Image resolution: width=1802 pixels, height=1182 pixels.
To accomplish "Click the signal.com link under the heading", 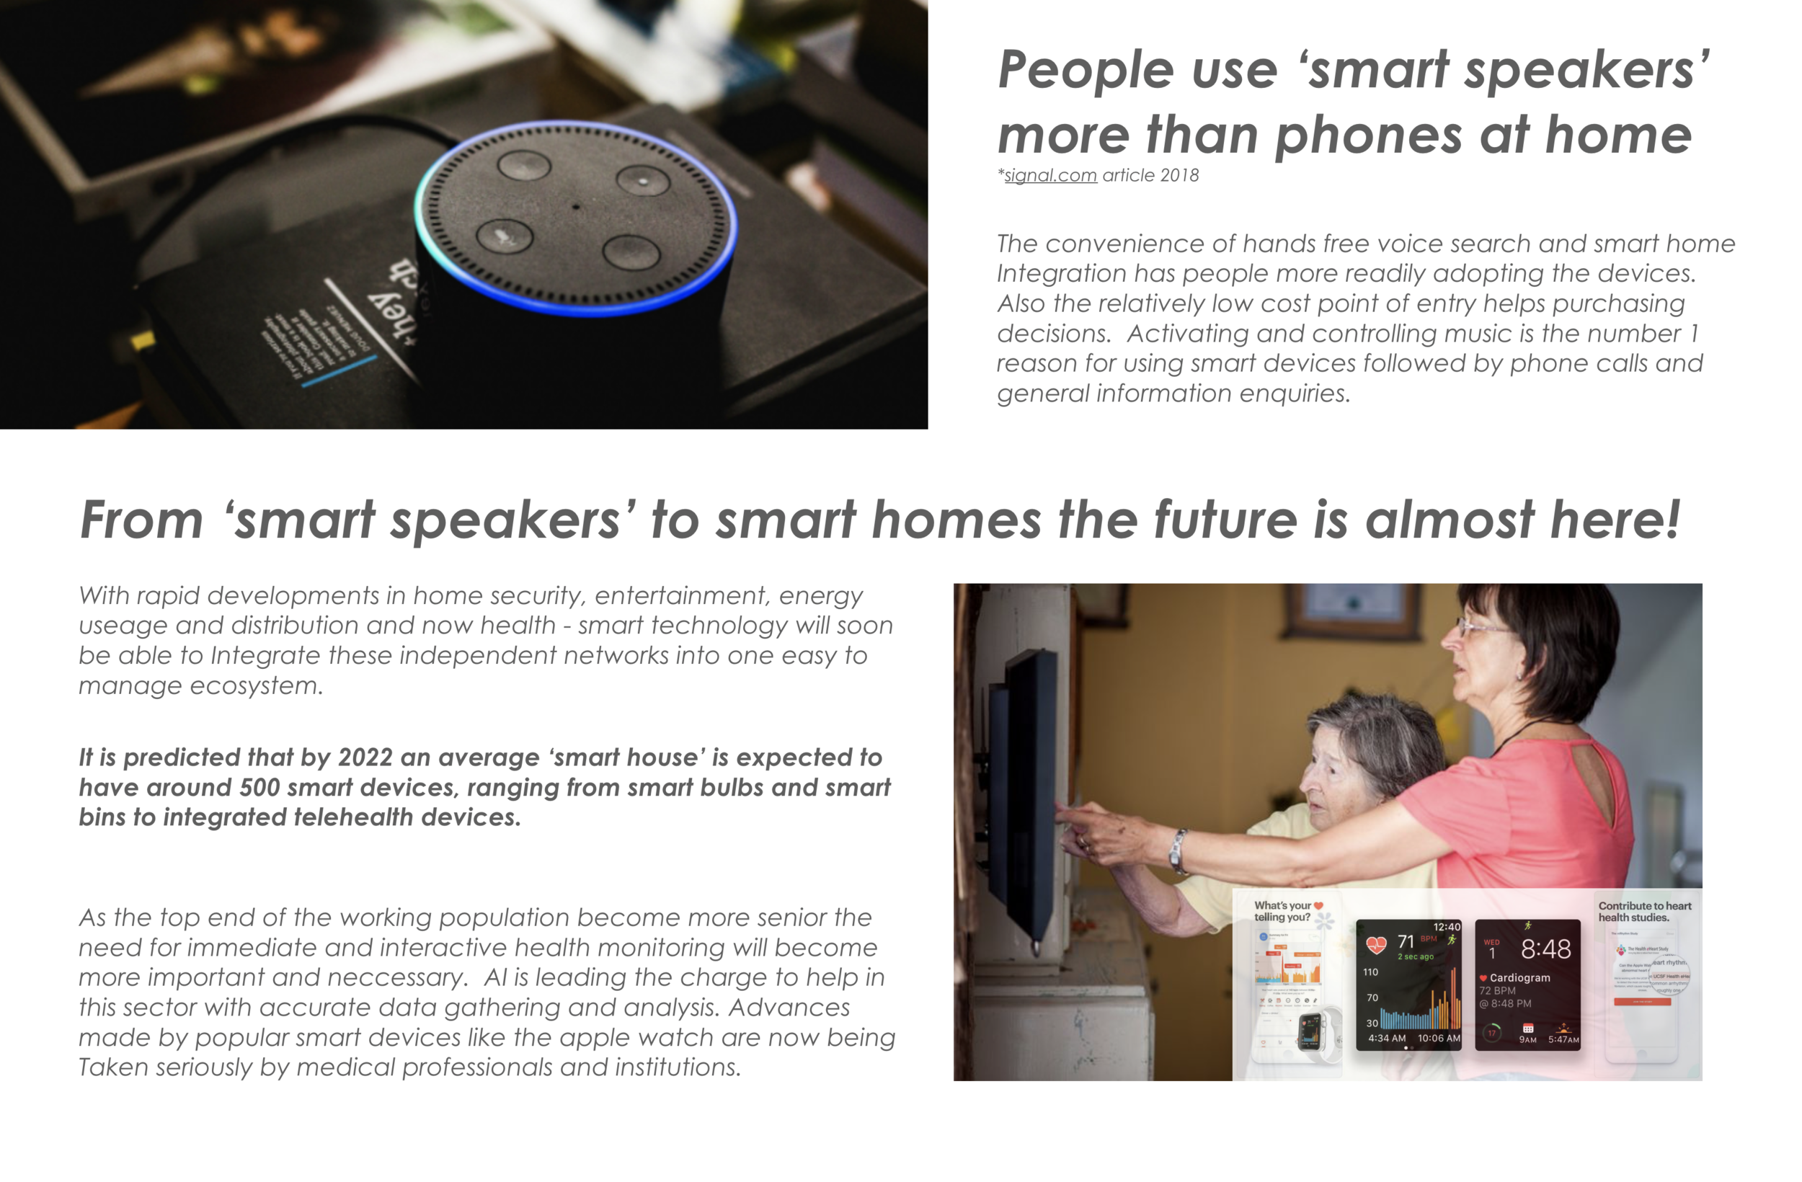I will coord(1051,176).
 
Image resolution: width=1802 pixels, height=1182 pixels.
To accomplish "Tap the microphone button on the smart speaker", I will coord(504,236).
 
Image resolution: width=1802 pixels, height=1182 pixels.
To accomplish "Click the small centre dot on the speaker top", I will coord(576,206).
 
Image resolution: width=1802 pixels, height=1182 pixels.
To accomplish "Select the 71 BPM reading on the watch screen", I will coord(1407,941).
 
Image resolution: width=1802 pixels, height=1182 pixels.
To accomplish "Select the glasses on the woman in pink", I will coord(1481,628).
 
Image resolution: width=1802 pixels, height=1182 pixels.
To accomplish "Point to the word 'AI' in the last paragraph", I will coord(495,977).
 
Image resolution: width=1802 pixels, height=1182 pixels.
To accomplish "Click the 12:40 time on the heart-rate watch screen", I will coord(1446,927).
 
